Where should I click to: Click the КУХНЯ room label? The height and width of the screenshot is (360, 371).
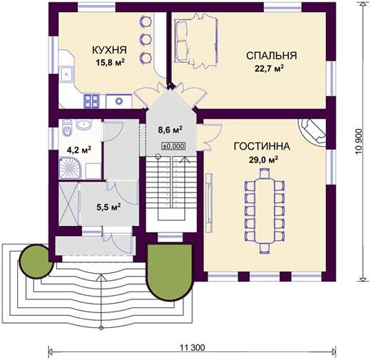pyautogui.click(x=109, y=50)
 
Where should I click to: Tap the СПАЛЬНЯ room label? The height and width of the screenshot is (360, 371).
pyautogui.click(x=271, y=56)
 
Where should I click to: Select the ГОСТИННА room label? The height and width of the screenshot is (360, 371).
pyautogui.click(x=262, y=146)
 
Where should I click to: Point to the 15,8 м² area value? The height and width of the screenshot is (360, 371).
pyautogui.click(x=111, y=62)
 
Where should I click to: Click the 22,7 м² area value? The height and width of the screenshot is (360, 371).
pyautogui.click(x=269, y=68)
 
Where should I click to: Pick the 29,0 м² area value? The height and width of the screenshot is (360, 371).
pyautogui.click(x=263, y=160)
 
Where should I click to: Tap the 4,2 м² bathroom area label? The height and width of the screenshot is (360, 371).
pyautogui.click(x=79, y=150)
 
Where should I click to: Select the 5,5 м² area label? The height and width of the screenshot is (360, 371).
pyautogui.click(x=108, y=207)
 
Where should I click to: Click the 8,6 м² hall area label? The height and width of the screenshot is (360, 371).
pyautogui.click(x=171, y=129)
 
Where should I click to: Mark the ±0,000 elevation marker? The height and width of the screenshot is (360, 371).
pyautogui.click(x=173, y=146)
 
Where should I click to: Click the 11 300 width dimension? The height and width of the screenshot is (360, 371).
pyautogui.click(x=192, y=348)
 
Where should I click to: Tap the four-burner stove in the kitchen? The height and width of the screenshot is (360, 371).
pyautogui.click(x=91, y=101)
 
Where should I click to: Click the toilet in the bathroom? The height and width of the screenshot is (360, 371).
pyautogui.click(x=67, y=128)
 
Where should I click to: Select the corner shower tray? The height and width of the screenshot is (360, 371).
pyautogui.click(x=70, y=168)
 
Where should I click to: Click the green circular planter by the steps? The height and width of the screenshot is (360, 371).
pyautogui.click(x=36, y=261)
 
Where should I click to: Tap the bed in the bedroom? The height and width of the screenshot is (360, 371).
pyautogui.click(x=196, y=41)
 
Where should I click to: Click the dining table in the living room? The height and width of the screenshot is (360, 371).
pyautogui.click(x=265, y=211)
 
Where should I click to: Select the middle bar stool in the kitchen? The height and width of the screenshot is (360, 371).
pyautogui.click(x=146, y=39)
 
